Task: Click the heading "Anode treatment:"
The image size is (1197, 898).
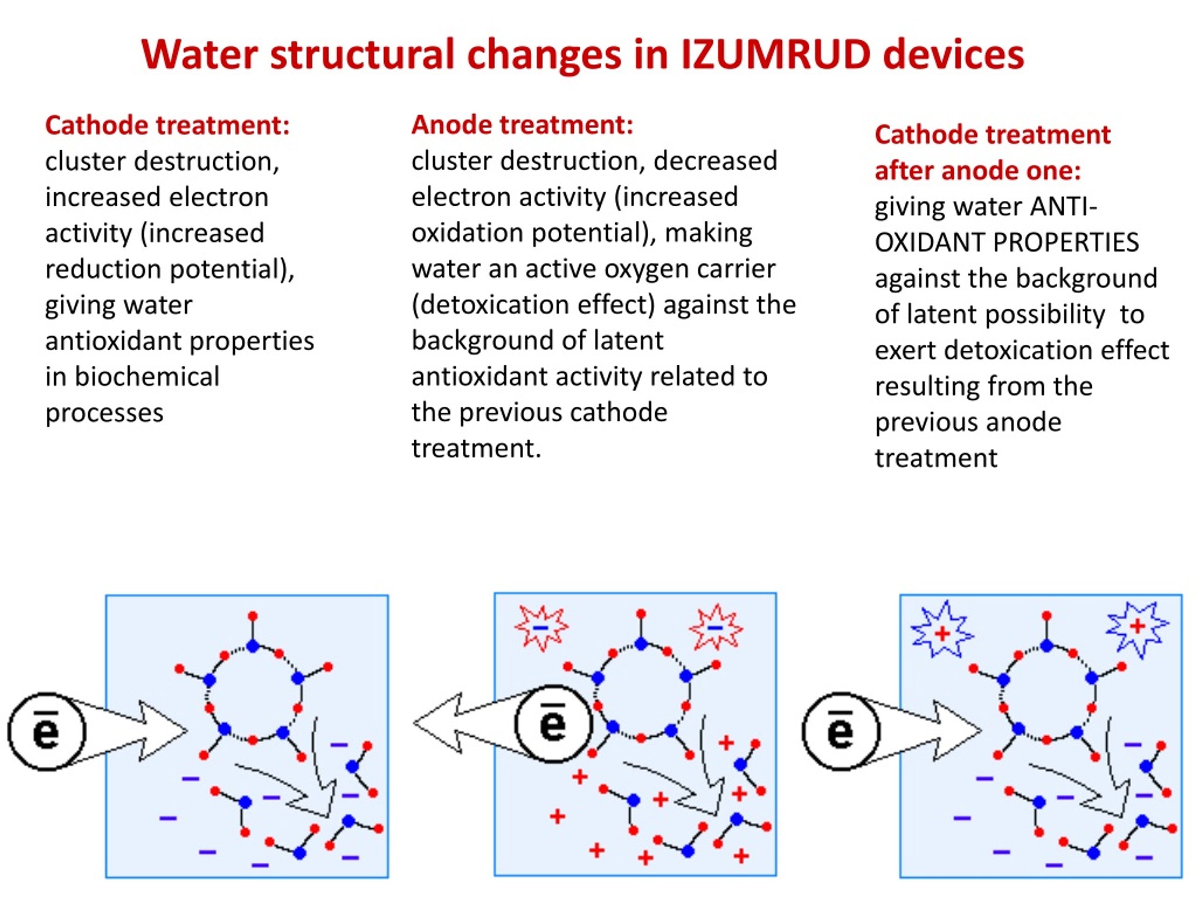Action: point(522,125)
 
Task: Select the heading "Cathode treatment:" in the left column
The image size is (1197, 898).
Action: point(167,125)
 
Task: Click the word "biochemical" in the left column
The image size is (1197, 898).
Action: point(147,377)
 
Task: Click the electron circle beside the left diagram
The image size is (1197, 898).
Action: point(47,731)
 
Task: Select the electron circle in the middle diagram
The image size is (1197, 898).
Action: point(554,724)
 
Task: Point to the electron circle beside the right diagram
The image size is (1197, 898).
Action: point(841,731)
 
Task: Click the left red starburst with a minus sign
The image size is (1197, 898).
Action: point(541,627)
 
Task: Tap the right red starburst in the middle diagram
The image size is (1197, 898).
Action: point(716,627)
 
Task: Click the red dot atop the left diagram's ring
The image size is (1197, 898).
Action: point(252,616)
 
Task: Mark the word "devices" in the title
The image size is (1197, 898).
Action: point(954,54)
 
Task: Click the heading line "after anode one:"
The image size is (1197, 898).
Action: point(978,171)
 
